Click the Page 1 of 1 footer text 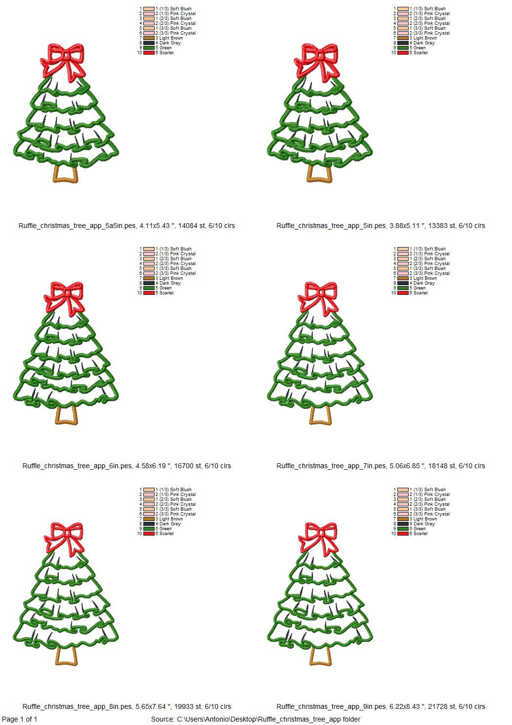tap(20, 719)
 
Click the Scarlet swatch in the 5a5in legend tap(149, 53)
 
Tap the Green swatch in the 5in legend tap(403, 48)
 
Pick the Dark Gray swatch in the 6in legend tap(149, 283)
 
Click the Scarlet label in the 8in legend tap(166, 534)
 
